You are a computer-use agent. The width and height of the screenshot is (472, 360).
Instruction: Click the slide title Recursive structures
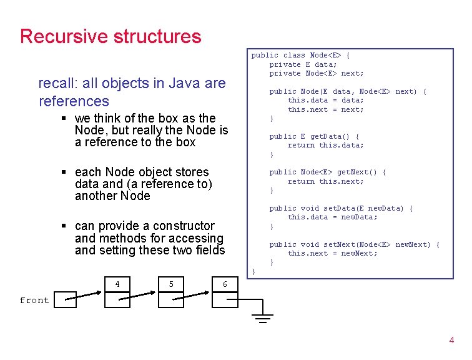pyautogui.click(x=111, y=36)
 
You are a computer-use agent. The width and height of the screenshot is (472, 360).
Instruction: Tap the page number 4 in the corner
pyautogui.click(x=451, y=341)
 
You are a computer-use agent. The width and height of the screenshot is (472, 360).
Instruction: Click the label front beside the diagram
pyautogui.click(x=34, y=301)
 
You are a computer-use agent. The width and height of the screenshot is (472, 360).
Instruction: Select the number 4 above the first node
pyautogui.click(x=117, y=285)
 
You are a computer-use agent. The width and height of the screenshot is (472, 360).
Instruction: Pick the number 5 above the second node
pyautogui.click(x=171, y=285)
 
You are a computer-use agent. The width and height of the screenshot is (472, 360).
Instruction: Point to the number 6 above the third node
pyautogui.click(x=225, y=285)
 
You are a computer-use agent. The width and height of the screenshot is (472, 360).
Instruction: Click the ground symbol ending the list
pyautogui.click(x=264, y=318)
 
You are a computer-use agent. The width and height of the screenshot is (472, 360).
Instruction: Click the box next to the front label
pyautogui.click(x=63, y=300)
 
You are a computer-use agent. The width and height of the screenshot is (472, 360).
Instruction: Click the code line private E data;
pyautogui.click(x=303, y=64)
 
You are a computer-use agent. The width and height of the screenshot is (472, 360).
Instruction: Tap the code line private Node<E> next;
pyautogui.click(x=317, y=73)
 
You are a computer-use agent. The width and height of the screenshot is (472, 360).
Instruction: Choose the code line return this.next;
pyautogui.click(x=325, y=181)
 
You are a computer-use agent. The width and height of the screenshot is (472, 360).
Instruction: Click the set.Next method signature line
pyautogui.click(x=354, y=244)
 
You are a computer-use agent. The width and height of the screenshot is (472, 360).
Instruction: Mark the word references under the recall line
pyautogui.click(x=74, y=101)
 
